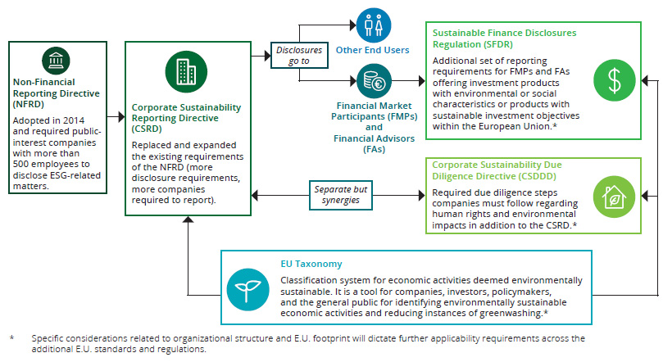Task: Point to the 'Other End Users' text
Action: (x=372, y=50)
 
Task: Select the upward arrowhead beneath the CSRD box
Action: (x=188, y=220)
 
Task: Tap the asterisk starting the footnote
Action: (x=11, y=337)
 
